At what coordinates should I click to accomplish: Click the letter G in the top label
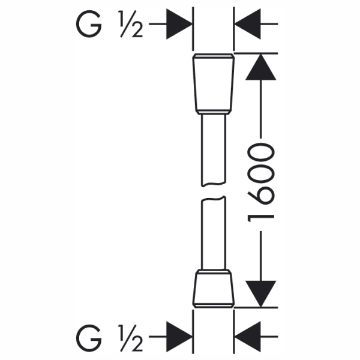click(x=89, y=24)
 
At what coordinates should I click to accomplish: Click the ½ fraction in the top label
click(x=131, y=24)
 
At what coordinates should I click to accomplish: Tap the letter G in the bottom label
click(x=89, y=338)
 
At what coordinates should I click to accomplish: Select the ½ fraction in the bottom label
click(x=131, y=338)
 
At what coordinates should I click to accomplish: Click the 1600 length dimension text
click(x=261, y=182)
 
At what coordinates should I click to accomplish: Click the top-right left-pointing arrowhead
click(x=248, y=24)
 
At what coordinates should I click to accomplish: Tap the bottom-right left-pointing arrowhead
click(x=248, y=337)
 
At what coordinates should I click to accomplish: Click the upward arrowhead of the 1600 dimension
click(x=261, y=67)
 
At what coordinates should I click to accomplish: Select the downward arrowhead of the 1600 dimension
click(x=261, y=294)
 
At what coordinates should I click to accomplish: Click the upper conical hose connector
click(x=214, y=84)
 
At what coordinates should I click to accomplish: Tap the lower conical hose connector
click(x=214, y=289)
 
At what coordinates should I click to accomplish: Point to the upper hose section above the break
click(x=214, y=151)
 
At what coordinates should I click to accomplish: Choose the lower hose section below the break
click(x=214, y=233)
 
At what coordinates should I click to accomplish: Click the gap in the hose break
click(x=214, y=191)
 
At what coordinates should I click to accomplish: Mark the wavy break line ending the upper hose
click(x=214, y=184)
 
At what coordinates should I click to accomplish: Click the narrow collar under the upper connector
click(x=214, y=112)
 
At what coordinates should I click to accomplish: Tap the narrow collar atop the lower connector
click(x=214, y=272)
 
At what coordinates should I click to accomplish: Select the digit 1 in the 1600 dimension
click(x=261, y=218)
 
